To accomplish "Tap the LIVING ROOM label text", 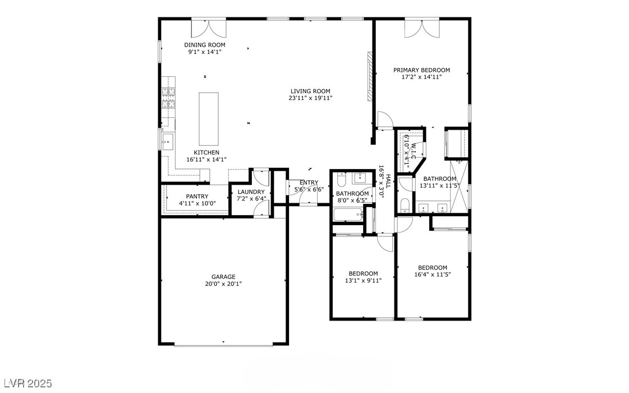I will pyautogui.click(x=310, y=91).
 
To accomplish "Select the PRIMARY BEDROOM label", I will pyautogui.click(x=421, y=70).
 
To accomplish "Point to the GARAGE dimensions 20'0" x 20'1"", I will pyautogui.click(x=223, y=284).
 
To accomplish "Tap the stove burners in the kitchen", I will pyautogui.click(x=168, y=98).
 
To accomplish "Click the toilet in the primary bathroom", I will pyautogui.click(x=405, y=204).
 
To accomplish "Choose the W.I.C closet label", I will pyautogui.click(x=413, y=152).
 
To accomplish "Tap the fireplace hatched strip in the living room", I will pyautogui.click(x=370, y=76).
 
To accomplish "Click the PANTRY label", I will pyautogui.click(x=197, y=196).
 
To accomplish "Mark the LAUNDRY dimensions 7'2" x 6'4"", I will pyautogui.click(x=251, y=198).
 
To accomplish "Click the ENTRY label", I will pyautogui.click(x=309, y=182).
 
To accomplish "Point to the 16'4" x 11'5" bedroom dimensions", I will pyautogui.click(x=432, y=275).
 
